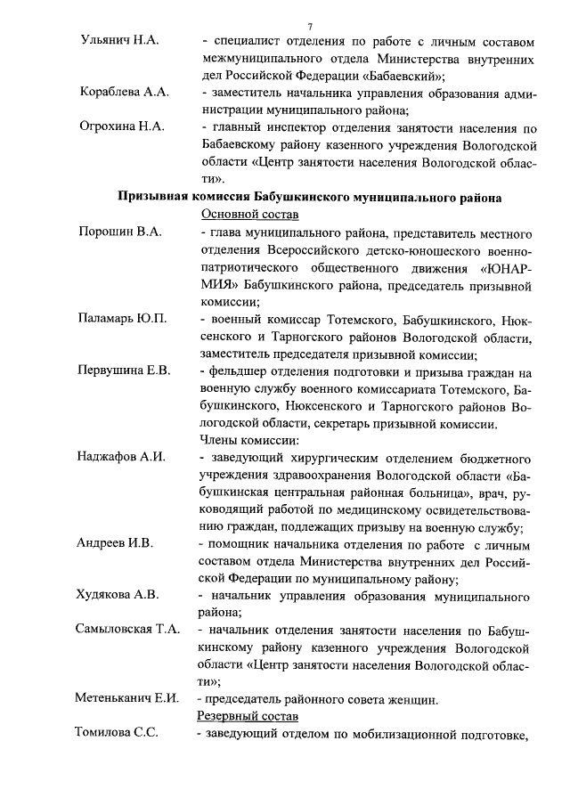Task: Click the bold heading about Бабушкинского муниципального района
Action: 310,196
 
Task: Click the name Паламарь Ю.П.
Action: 123,318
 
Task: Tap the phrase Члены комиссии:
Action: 248,440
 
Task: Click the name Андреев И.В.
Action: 115,542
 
